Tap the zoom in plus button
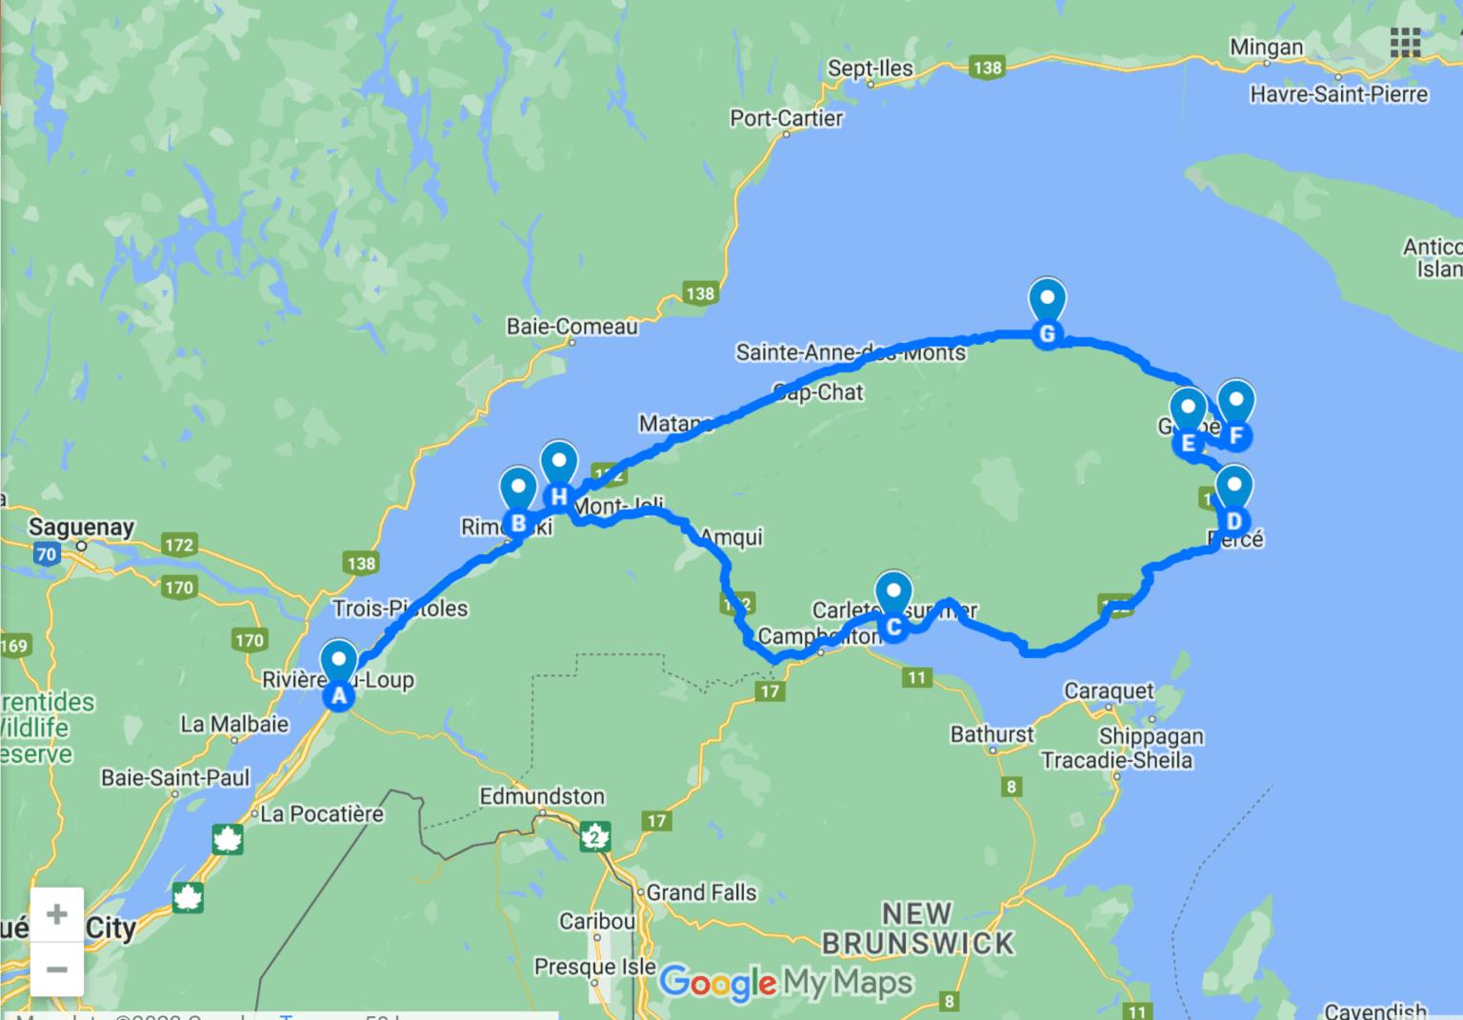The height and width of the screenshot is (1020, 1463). (57, 914)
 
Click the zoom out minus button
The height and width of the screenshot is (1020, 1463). (57, 970)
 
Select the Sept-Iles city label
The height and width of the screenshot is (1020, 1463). (870, 69)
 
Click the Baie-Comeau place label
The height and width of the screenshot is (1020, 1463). (571, 327)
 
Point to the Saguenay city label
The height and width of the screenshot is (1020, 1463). (81, 527)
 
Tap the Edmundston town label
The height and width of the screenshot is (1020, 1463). (542, 796)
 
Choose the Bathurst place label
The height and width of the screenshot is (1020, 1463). (992, 734)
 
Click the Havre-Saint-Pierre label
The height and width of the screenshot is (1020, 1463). (1338, 94)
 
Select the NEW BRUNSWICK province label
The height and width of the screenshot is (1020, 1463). (917, 929)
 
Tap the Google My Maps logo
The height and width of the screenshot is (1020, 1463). (786, 982)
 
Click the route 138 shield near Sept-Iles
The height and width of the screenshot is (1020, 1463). (987, 68)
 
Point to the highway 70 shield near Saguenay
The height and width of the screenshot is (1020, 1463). (46, 554)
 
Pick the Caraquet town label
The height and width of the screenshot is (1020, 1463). (1108, 690)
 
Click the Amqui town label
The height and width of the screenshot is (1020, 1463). (732, 537)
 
